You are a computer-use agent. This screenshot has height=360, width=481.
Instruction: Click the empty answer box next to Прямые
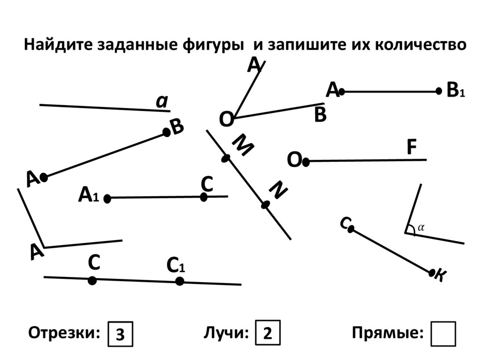[x=443, y=334]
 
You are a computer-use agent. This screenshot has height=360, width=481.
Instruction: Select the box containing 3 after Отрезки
[x=120, y=334]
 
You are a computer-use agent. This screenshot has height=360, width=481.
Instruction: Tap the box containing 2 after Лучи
[x=268, y=333]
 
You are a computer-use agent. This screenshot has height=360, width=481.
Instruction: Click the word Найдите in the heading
[x=58, y=45]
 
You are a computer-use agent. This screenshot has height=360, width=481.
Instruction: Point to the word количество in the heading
[x=420, y=45]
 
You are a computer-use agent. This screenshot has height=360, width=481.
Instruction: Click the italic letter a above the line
[x=162, y=101]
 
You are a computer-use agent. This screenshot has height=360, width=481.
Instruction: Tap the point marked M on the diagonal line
[x=226, y=158]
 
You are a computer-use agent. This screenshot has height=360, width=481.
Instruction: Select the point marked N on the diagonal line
[x=265, y=205]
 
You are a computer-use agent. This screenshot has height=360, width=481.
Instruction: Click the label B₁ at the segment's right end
[x=456, y=90]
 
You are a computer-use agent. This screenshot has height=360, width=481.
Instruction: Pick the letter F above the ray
[x=411, y=147]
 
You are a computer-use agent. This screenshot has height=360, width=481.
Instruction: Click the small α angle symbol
[x=421, y=228]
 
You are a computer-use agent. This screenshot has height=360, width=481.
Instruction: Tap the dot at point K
[x=432, y=272]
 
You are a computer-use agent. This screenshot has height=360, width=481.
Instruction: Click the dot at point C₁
[x=180, y=281]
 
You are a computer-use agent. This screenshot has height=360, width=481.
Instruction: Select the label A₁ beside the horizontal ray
[x=89, y=195]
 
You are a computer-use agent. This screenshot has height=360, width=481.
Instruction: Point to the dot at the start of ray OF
[x=305, y=162]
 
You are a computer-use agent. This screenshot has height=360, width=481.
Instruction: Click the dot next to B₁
[x=439, y=91]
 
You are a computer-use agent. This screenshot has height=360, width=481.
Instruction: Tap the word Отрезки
[x=64, y=333]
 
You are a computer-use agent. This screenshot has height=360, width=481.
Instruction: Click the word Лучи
[x=226, y=333]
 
